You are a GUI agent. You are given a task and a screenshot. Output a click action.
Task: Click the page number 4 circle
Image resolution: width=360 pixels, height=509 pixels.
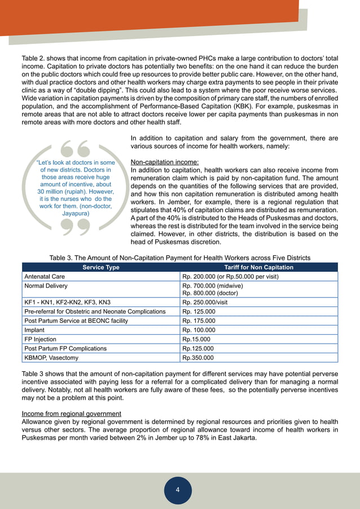(178, 490)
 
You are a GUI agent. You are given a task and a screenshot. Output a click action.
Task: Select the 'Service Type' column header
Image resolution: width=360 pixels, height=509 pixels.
(101, 267)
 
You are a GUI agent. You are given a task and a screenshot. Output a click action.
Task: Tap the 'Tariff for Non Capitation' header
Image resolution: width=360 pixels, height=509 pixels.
(258, 267)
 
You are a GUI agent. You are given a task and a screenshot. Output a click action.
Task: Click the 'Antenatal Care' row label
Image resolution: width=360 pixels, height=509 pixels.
(45, 277)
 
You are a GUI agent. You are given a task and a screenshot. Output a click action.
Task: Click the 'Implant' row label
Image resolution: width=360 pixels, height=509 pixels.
(34, 330)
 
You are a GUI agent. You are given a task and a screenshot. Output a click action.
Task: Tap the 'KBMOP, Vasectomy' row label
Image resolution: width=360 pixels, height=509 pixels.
(51, 358)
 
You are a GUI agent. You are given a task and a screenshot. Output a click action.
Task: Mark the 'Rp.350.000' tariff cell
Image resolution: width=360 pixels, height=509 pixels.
(198, 358)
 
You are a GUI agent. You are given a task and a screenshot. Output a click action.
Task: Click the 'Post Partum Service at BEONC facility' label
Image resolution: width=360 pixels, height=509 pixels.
(76, 321)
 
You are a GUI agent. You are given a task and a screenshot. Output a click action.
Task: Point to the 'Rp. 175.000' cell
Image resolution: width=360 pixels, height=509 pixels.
(199, 321)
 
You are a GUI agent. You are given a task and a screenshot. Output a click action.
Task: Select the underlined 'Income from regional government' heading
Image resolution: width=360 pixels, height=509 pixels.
(75, 414)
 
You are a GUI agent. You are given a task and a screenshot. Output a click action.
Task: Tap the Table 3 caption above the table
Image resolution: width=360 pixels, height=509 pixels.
(180, 258)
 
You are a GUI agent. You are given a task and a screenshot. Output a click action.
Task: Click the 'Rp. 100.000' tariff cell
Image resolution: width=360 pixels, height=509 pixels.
(199, 330)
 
